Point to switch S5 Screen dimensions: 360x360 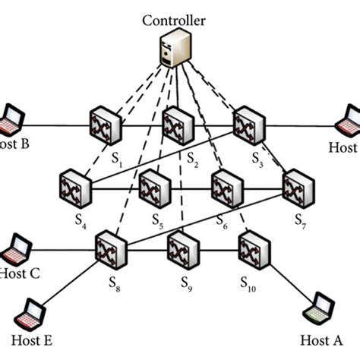tap(156, 186)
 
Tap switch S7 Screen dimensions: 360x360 tap(297, 186)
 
